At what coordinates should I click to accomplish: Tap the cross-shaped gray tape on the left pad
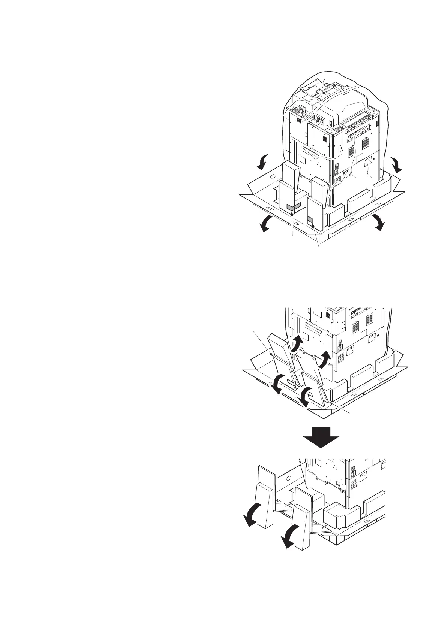pyautogui.click(x=293, y=207)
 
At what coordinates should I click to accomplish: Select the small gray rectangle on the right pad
pyautogui.click(x=310, y=220)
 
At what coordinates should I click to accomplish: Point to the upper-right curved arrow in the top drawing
pyautogui.click(x=396, y=164)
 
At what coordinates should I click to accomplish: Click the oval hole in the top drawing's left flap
pyautogui.click(x=273, y=176)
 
